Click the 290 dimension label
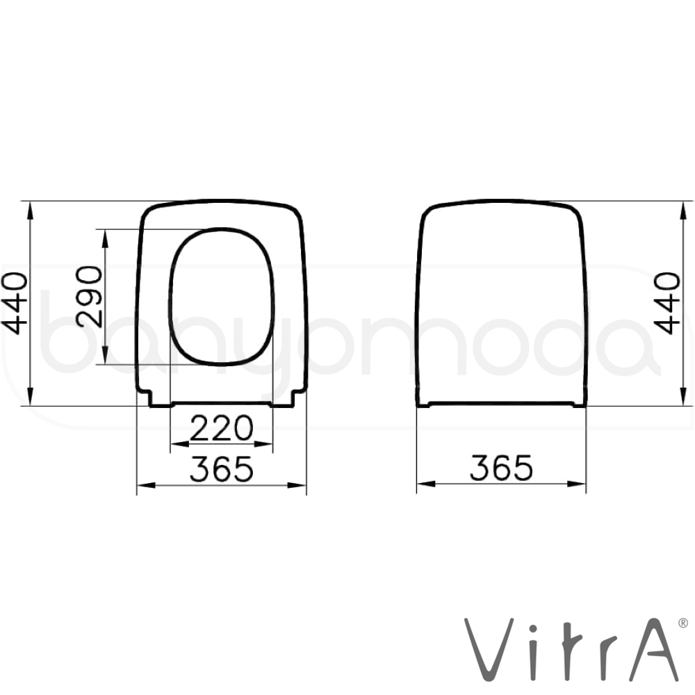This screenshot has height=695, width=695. coord(89,297)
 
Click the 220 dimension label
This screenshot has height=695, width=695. coord(222,428)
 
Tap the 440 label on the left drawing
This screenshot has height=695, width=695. coord(15,304)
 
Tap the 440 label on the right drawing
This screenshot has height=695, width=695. coord(667,303)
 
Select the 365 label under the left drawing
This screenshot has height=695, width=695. coord(222,469)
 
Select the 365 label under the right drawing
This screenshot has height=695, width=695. coord(501,468)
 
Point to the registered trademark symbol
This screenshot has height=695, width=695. coord(683,623)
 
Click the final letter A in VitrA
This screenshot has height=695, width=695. coord(653,650)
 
